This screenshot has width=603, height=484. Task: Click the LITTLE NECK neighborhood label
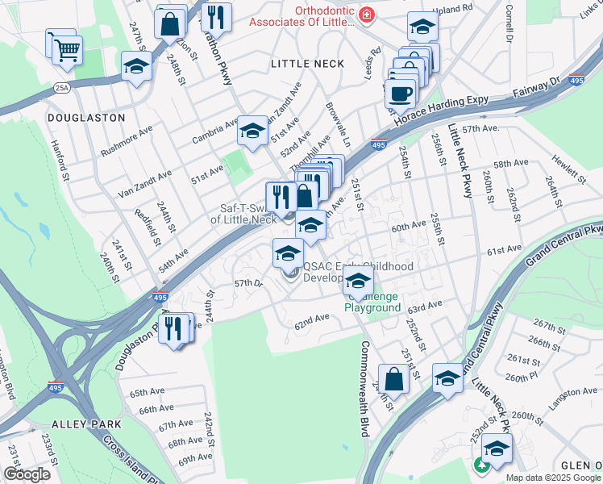tap(307, 63)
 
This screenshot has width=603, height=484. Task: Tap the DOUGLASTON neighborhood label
tap(86, 117)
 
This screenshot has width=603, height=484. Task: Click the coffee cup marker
tap(400, 93)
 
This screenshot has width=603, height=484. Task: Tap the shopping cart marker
tap(67, 50)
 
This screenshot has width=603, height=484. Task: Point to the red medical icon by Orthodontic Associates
tap(366, 15)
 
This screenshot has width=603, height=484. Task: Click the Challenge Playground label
tap(372, 302)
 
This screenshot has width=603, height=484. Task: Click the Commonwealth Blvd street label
tap(363, 388)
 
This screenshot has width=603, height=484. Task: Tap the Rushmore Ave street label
tap(127, 142)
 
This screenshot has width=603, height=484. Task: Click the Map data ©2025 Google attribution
tap(554, 478)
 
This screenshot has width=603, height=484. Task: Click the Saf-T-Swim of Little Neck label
tap(243, 212)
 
